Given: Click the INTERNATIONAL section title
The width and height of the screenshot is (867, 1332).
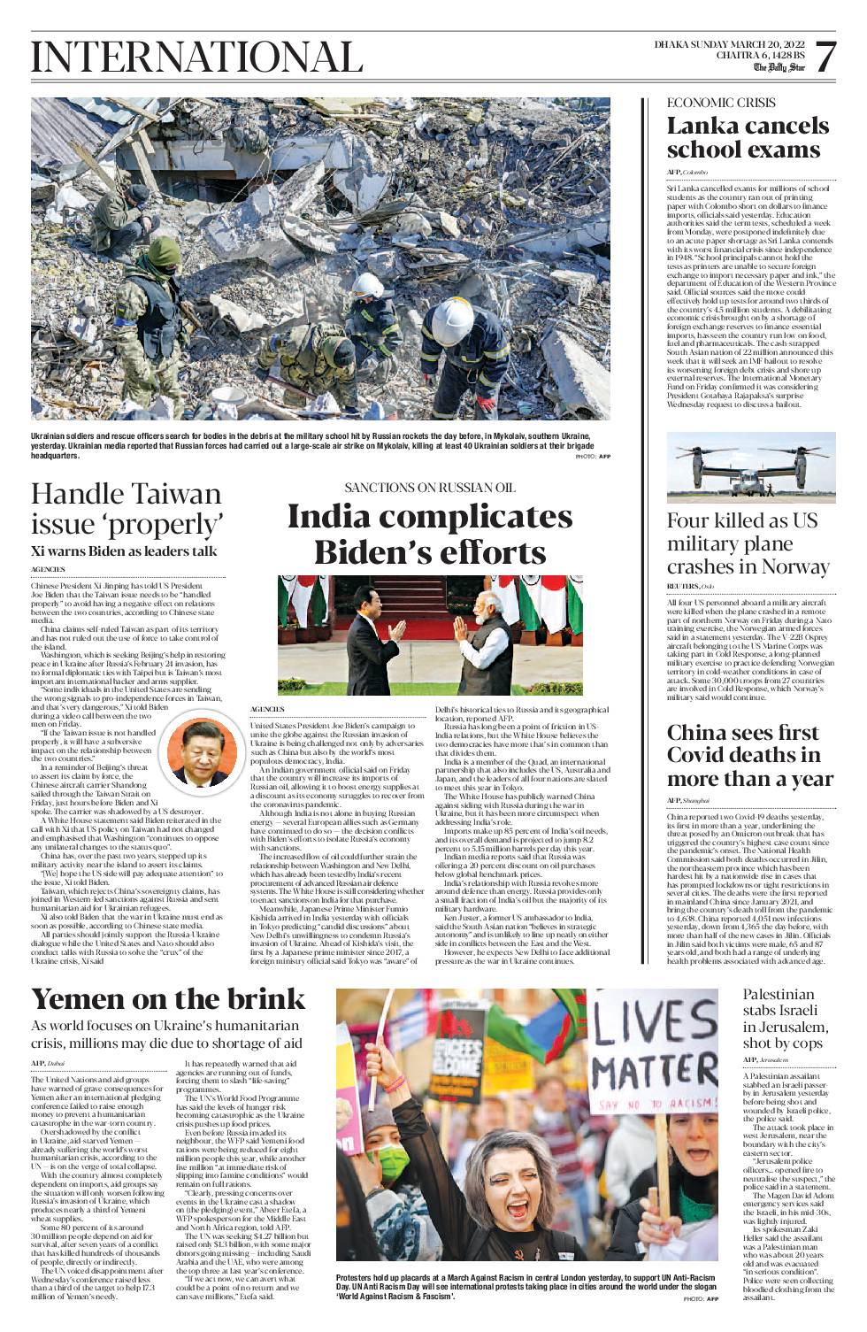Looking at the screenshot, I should click(196, 58).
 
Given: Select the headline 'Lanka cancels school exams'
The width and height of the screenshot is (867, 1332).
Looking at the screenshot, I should click(748, 137).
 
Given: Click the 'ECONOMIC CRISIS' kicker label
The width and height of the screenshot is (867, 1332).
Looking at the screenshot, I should click(720, 103).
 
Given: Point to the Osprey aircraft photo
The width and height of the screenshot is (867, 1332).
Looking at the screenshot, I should click(750, 468).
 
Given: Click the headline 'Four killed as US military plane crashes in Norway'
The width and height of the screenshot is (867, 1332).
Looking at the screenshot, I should click(748, 543).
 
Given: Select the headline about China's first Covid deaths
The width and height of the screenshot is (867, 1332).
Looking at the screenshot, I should click(749, 755).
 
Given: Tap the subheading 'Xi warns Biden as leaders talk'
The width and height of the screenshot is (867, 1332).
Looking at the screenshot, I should click(124, 551).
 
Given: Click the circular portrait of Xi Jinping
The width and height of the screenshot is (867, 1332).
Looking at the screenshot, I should click(203, 753).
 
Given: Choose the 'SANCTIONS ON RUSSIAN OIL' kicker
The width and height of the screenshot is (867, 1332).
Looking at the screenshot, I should click(429, 488).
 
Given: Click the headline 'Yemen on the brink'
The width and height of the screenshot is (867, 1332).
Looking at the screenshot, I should click(168, 998).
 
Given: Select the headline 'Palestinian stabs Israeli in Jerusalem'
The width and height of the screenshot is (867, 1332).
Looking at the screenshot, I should click(786, 1018).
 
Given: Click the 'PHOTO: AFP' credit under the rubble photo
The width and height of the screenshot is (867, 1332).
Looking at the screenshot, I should click(593, 456).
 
